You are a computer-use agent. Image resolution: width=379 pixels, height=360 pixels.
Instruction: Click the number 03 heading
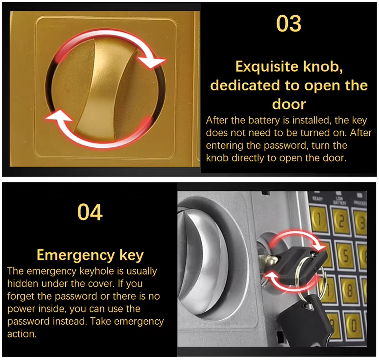coord(289,24)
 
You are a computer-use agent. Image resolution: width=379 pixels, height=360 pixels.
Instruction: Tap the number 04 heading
coord(90,212)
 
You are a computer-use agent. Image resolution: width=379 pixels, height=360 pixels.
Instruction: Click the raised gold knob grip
coord(100,85)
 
